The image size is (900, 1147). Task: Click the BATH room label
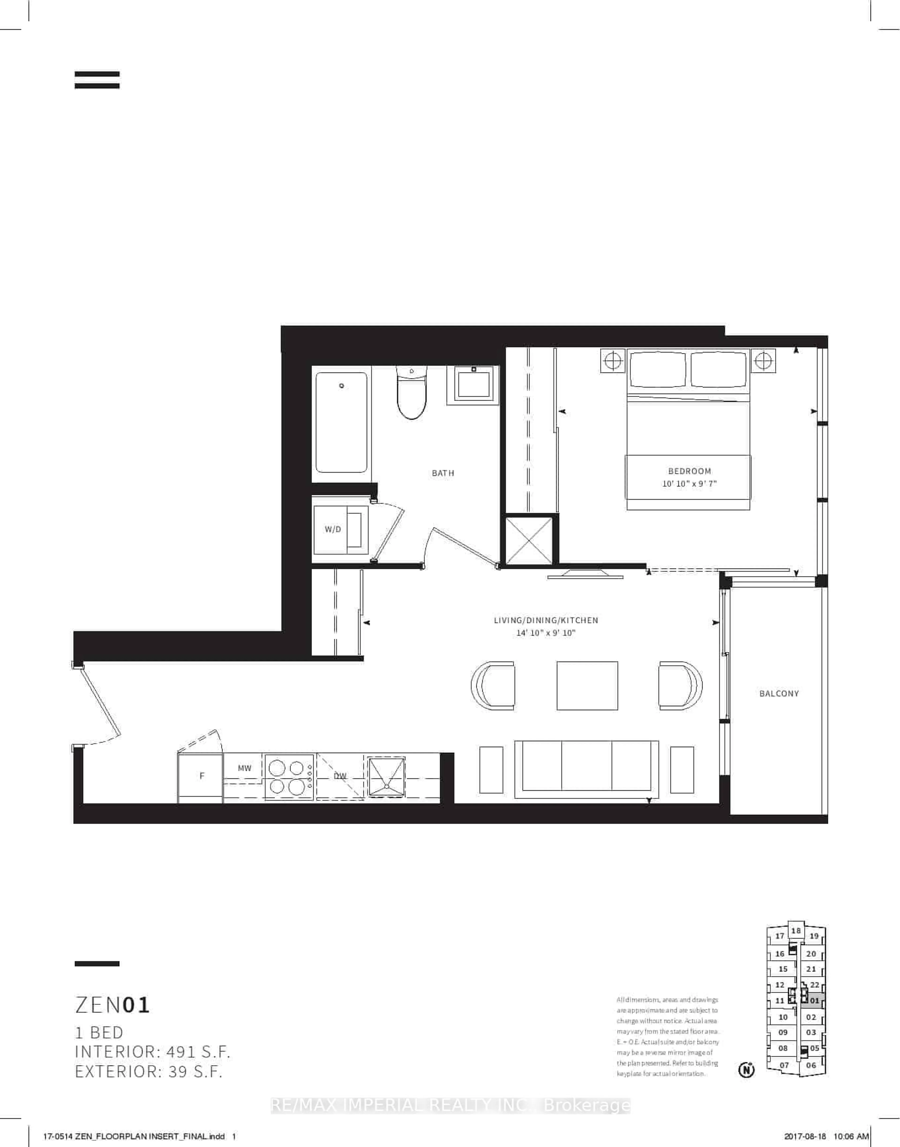coord(443,473)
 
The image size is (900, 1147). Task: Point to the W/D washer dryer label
coord(333,529)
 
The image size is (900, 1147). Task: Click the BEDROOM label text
coord(689,471)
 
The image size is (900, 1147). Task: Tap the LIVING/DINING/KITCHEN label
coord(546,620)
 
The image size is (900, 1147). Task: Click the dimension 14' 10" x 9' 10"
coord(546,633)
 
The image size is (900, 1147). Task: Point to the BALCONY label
coord(779,694)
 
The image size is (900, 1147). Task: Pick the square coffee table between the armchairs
coord(587,686)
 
